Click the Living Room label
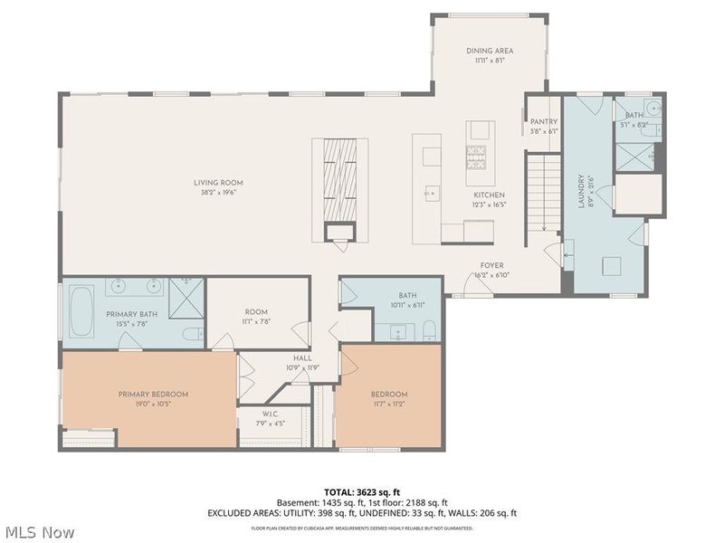pos(218,183)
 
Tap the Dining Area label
pos(490,51)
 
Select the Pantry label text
pos(544,121)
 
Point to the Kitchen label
pos(490,195)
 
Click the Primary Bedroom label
pos(153,395)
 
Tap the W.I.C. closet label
pos(249,414)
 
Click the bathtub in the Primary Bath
pos(81,310)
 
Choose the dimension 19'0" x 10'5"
pos(153,404)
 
